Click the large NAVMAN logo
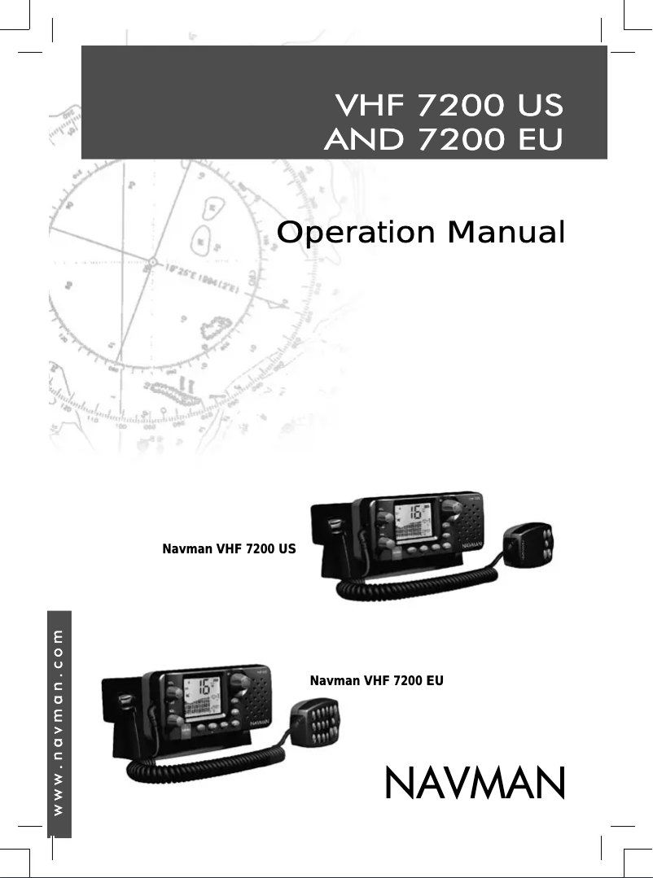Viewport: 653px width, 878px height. [474, 783]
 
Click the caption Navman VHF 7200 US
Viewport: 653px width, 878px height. [230, 549]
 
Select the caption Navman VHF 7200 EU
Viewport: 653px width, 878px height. [377, 679]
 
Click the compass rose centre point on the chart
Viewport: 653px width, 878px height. [152, 261]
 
